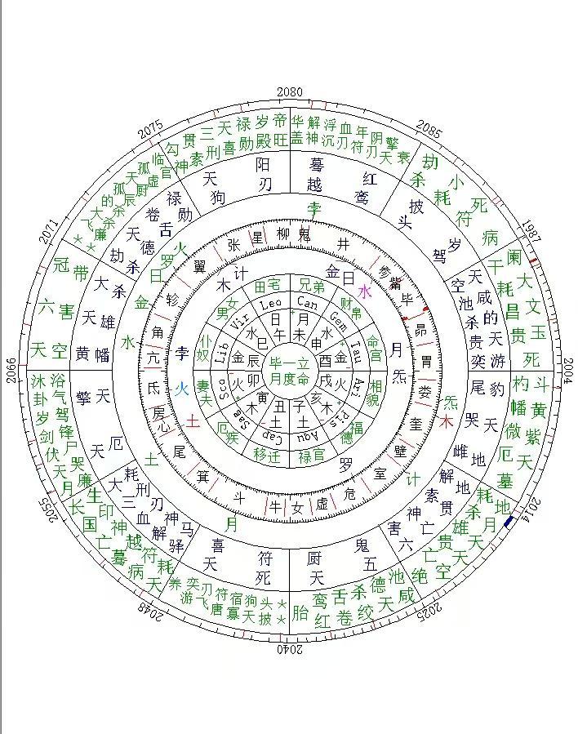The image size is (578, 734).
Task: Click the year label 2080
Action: pyautogui.click(x=289, y=91)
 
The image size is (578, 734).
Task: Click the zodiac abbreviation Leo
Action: pyautogui.click(x=269, y=305)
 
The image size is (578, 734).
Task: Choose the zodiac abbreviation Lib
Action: pyautogui.click(x=221, y=350)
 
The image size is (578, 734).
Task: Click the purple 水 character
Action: pyautogui.click(x=364, y=291)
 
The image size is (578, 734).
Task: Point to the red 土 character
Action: pyautogui.click(x=193, y=420)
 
